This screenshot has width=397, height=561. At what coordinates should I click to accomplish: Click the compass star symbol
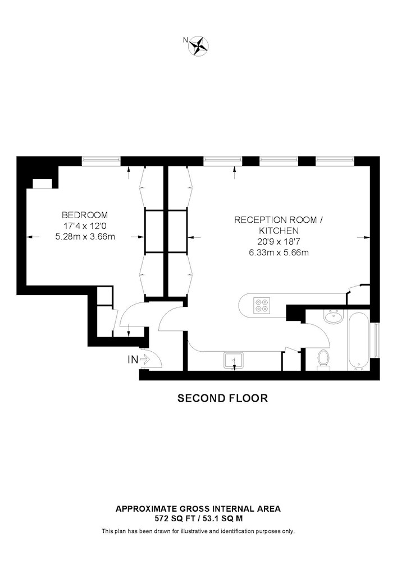tap(199, 46)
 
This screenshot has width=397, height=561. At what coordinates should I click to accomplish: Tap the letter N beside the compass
tap(185, 40)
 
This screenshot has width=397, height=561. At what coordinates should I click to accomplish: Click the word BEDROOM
tap(85, 215)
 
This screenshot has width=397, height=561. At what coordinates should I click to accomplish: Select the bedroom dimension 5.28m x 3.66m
tap(85, 237)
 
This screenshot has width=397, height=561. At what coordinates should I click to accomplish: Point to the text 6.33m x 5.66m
tap(279, 252)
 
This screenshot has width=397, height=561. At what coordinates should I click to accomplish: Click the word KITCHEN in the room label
tap(279, 231)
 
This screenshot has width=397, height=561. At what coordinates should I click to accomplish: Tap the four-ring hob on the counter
tap(261, 305)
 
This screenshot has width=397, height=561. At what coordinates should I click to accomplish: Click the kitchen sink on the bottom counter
tap(234, 360)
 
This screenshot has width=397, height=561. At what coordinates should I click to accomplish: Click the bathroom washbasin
tap(334, 317)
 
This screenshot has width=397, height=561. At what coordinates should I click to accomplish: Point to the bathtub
tap(358, 341)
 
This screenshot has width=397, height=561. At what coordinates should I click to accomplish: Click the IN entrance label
tap(133, 360)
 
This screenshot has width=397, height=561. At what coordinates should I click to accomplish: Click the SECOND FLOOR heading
tap(223, 398)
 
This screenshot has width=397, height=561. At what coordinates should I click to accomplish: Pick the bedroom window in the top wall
tap(101, 162)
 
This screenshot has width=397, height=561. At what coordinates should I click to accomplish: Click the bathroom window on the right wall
tap(376, 341)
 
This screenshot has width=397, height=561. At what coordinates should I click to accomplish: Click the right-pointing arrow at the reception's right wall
tap(363, 237)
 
